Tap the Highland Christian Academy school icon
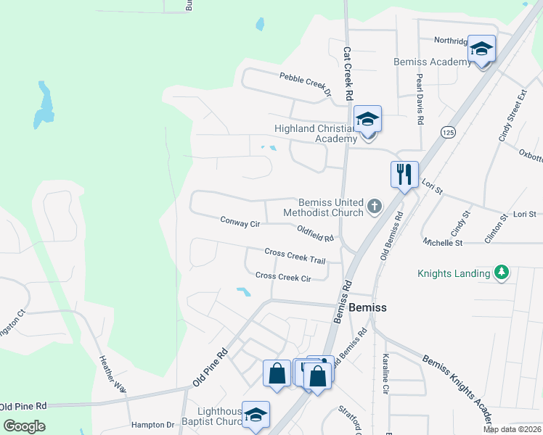click(368, 120)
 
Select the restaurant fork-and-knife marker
click(404, 174)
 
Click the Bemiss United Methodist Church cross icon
click(374, 207)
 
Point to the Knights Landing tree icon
click(501, 273)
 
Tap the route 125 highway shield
click(448, 132)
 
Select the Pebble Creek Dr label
click(306, 84)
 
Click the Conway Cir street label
click(240, 223)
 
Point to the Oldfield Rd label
click(315, 233)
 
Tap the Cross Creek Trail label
click(295, 255)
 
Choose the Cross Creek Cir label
click(283, 277)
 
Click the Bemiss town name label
click(367, 307)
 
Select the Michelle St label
click(444, 243)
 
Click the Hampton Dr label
click(153, 425)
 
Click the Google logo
click(24, 426)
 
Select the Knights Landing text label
click(454, 274)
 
